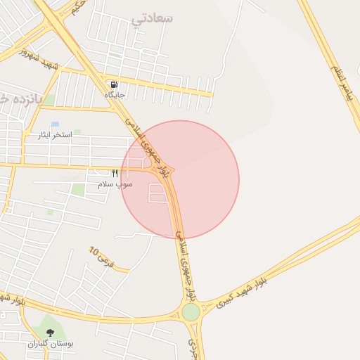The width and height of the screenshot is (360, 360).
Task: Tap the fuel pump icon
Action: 115,84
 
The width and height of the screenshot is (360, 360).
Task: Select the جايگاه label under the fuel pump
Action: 115,94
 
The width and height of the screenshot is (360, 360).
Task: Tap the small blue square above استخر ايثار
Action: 55,124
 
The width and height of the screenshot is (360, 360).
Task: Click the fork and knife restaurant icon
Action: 115,173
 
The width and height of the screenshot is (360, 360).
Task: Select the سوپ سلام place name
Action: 115,184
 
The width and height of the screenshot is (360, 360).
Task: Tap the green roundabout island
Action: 191,311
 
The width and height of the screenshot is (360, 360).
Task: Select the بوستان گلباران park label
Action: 51,344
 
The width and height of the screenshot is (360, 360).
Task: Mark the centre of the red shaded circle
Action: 180,179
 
